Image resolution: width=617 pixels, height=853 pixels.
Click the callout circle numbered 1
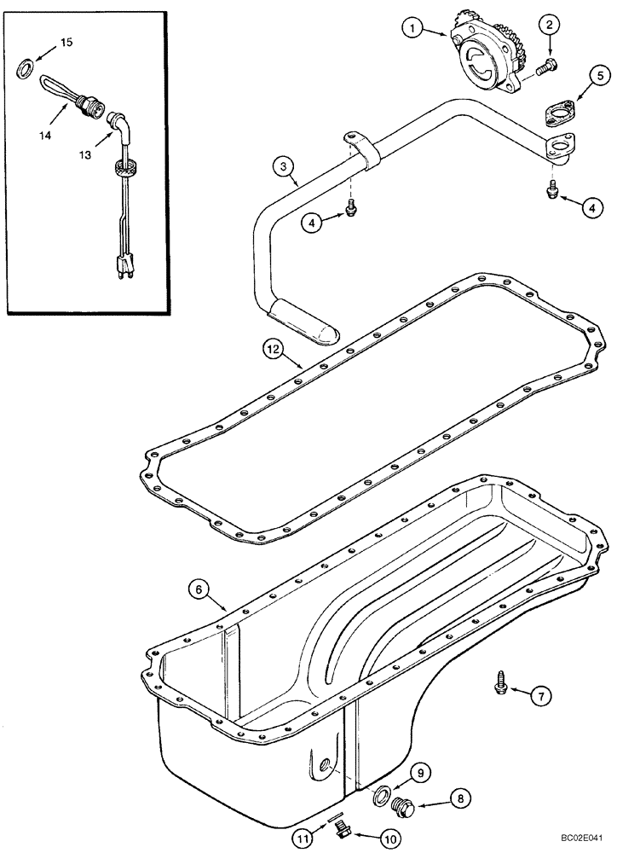[x=412, y=30]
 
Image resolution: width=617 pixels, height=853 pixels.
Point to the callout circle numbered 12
[x=271, y=347]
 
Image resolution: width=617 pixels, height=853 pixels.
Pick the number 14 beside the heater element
[x=45, y=135]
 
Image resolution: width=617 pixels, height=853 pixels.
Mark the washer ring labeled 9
[x=379, y=797]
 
